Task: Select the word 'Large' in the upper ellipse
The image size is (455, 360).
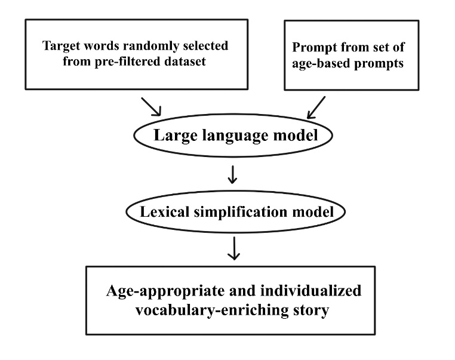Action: point(173,136)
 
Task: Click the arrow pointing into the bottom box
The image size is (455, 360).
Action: point(234,250)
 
